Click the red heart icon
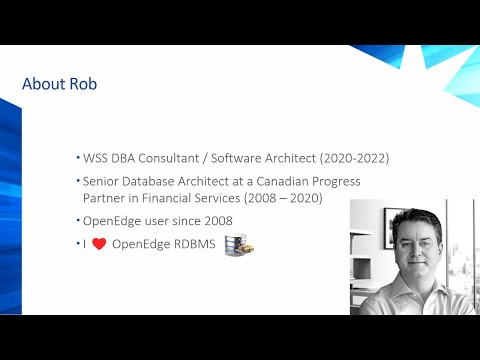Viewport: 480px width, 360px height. [x=99, y=243]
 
